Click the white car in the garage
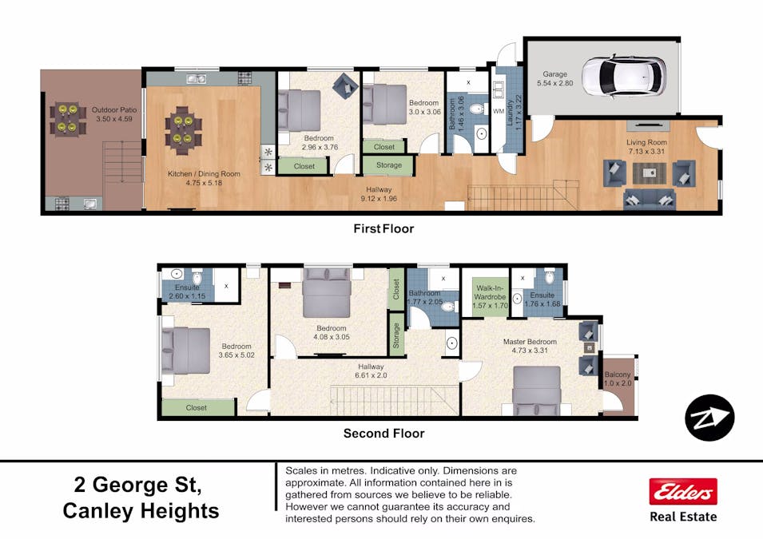(623, 75)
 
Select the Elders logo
(682, 492)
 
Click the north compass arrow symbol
(709, 418)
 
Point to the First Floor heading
(383, 228)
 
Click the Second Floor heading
(383, 434)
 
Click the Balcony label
(618, 375)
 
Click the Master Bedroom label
(530, 342)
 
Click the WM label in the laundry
(498, 111)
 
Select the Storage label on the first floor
(388, 166)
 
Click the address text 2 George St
(137, 484)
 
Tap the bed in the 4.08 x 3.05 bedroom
(327, 294)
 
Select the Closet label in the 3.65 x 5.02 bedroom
(197, 407)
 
